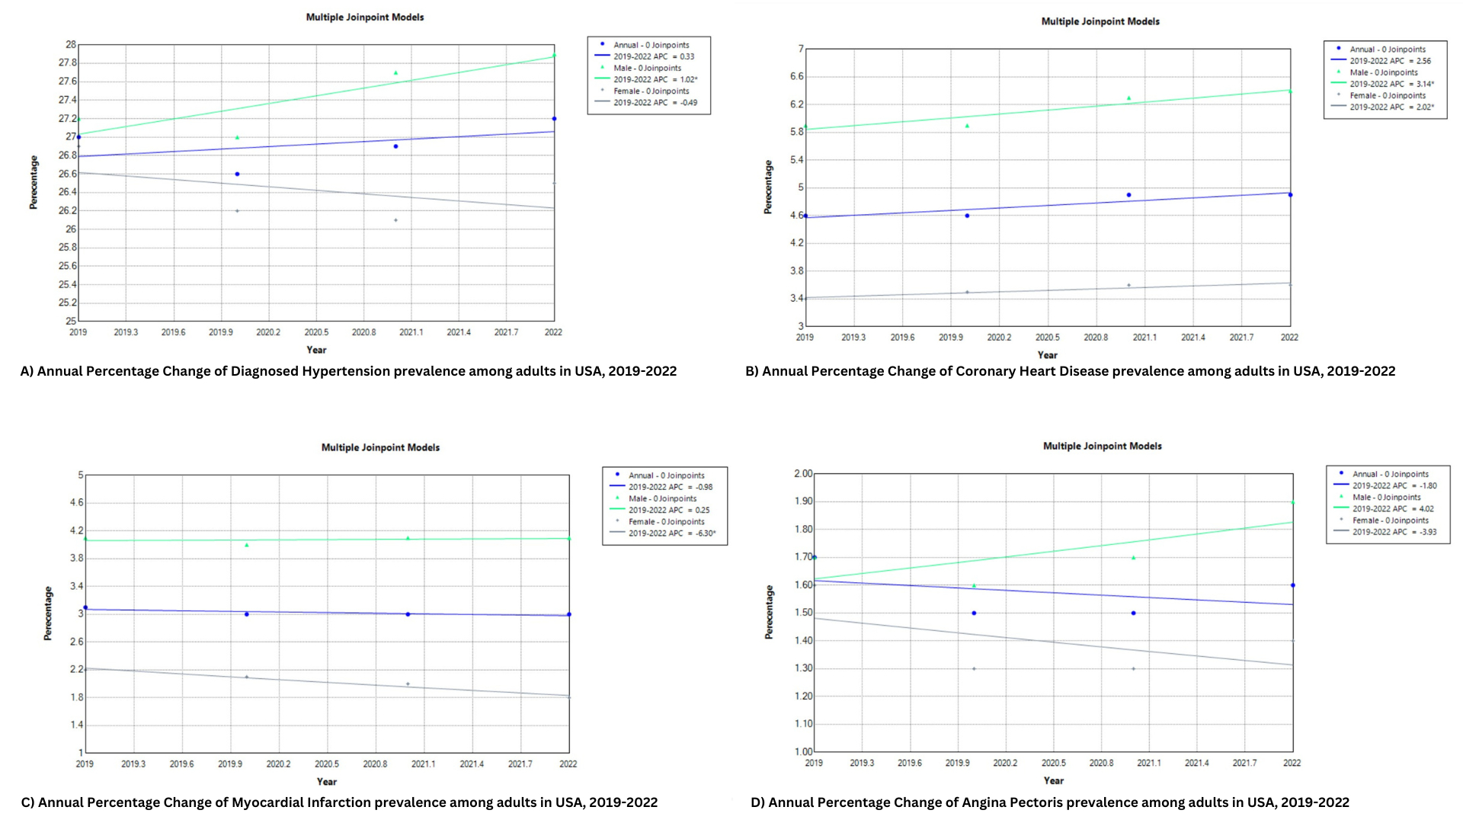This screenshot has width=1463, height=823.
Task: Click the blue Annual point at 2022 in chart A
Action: click(554, 119)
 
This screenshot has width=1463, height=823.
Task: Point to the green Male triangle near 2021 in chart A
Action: click(395, 73)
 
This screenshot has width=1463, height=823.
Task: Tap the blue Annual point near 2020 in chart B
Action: click(967, 216)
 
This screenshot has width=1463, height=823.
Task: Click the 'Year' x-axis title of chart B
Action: click(1047, 355)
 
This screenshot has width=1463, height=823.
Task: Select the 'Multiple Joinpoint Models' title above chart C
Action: click(380, 447)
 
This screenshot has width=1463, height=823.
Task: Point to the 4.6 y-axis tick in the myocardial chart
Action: click(76, 503)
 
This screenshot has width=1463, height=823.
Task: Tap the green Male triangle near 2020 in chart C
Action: click(246, 545)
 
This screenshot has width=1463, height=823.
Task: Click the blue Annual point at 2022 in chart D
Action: click(1292, 585)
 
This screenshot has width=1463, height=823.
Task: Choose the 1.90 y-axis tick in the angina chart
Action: click(803, 501)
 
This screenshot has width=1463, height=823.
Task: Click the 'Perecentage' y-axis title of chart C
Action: click(48, 613)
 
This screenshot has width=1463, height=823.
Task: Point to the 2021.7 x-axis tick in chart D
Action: click(1244, 763)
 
